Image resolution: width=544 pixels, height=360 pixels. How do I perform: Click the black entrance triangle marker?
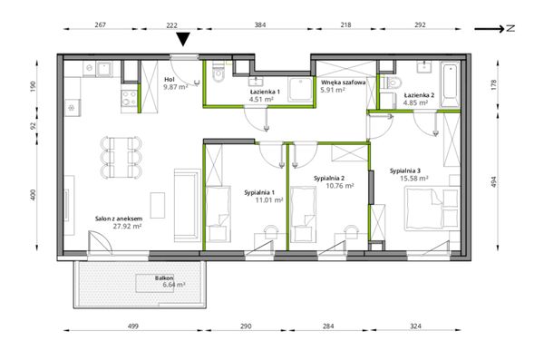point(183,39)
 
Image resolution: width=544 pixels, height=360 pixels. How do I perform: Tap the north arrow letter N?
point(510,29)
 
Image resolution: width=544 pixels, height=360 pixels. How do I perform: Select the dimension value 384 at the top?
point(260,25)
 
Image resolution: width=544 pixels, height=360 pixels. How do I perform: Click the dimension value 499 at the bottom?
point(133,326)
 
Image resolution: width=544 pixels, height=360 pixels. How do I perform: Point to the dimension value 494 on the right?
point(494,182)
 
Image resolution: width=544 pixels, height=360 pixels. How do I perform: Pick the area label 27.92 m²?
point(127,227)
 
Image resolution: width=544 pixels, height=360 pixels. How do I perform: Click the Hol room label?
point(170,80)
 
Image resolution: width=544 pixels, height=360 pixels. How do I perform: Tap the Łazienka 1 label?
point(265,92)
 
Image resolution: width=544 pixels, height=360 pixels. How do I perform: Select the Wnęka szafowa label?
point(343,83)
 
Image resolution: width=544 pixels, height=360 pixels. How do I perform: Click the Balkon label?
point(164,278)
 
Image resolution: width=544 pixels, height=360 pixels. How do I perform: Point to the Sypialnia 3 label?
point(405,170)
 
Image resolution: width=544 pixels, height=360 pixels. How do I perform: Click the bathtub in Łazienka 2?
point(451,84)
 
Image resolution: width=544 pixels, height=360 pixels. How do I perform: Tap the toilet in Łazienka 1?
point(219,73)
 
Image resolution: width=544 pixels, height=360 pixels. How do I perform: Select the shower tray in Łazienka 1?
point(300,90)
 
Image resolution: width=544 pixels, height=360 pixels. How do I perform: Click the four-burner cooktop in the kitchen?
point(129,98)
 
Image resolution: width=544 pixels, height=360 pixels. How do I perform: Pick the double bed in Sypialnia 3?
point(432,209)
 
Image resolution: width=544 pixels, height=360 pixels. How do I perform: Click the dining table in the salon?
point(121,157)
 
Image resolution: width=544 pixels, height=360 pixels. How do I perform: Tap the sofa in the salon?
point(188,206)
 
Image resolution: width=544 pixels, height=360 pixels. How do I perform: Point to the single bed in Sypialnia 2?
point(303,214)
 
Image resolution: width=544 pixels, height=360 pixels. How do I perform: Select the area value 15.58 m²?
point(414,179)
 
